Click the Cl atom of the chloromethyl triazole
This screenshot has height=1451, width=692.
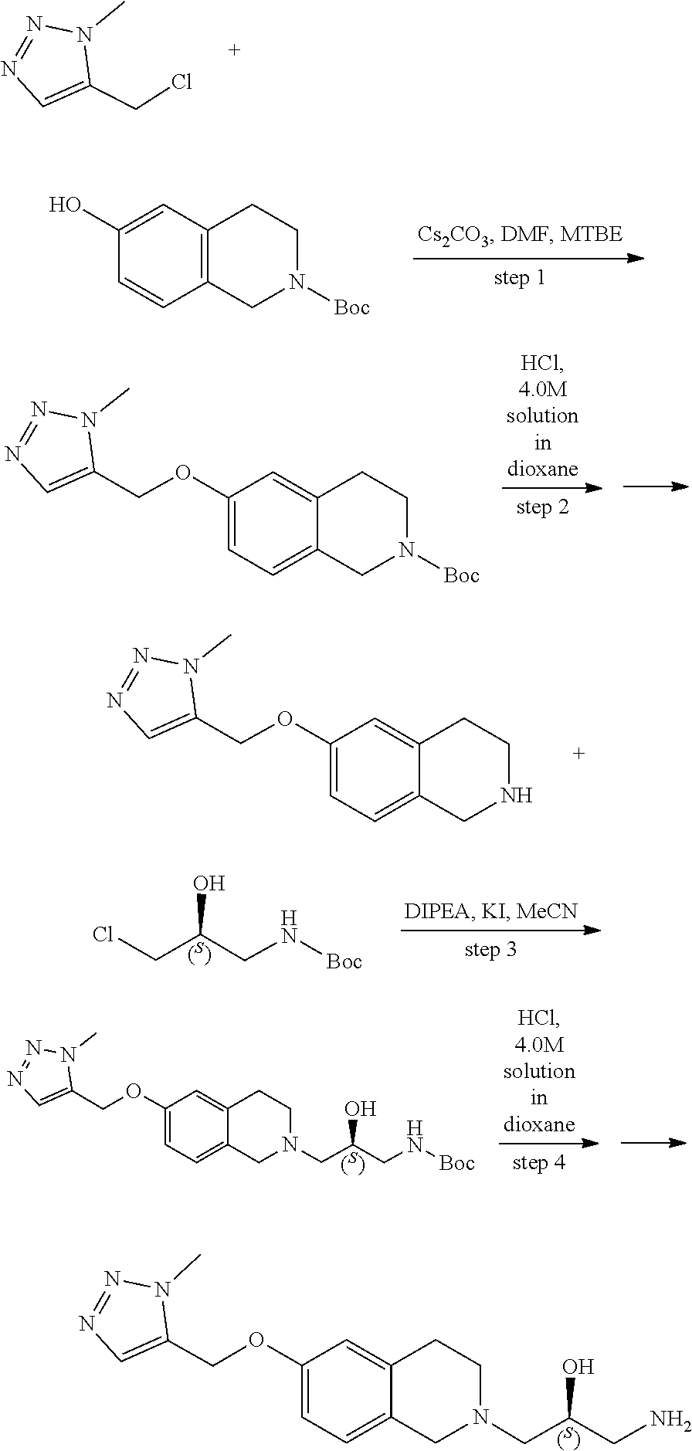click(x=181, y=83)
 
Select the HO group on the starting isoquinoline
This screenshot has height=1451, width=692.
click(x=64, y=205)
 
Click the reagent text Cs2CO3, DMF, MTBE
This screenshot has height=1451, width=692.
click(x=520, y=234)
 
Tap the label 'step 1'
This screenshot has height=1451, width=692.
click(x=519, y=277)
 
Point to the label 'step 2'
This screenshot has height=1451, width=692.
click(x=542, y=507)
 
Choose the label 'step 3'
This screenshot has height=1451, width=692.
click(x=490, y=949)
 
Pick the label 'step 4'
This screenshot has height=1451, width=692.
click(x=538, y=1161)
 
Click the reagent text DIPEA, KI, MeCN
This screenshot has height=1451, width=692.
click(x=491, y=911)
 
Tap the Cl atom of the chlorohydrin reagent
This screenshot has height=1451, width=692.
click(x=105, y=934)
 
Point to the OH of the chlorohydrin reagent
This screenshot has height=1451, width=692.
click(x=209, y=883)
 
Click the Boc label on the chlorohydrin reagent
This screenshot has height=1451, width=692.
click(x=344, y=961)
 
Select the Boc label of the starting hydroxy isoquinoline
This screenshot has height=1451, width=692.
click(x=351, y=307)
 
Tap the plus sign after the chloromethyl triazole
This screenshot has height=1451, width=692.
click(x=234, y=50)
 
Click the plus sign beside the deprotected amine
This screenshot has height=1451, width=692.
click(x=578, y=752)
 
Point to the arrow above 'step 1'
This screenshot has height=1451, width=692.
click(x=528, y=257)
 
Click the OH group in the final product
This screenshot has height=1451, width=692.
click(x=578, y=1366)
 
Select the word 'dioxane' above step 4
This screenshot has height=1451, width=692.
click(x=538, y=1124)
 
